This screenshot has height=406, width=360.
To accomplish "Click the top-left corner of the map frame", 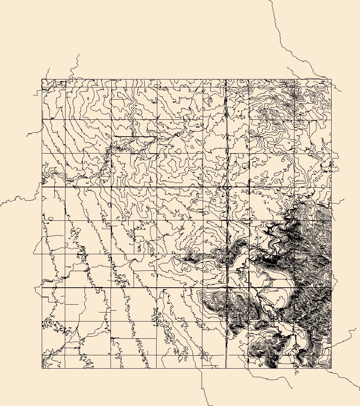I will [42, 79].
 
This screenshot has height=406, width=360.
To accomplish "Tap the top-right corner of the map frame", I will [331, 79].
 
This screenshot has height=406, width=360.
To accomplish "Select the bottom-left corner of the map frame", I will [42, 368].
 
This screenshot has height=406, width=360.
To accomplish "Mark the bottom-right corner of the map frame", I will [331, 368].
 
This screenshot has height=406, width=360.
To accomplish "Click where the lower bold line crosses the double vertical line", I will [227, 288].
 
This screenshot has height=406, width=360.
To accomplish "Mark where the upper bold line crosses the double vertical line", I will [226, 187].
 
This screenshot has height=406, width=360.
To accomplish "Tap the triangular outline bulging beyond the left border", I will [37, 248].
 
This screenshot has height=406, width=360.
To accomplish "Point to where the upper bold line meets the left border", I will [42, 187].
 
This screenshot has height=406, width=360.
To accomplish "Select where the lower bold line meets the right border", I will [331, 288].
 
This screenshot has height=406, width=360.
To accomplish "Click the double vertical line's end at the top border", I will [226, 79].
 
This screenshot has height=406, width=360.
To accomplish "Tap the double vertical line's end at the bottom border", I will [226, 368].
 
